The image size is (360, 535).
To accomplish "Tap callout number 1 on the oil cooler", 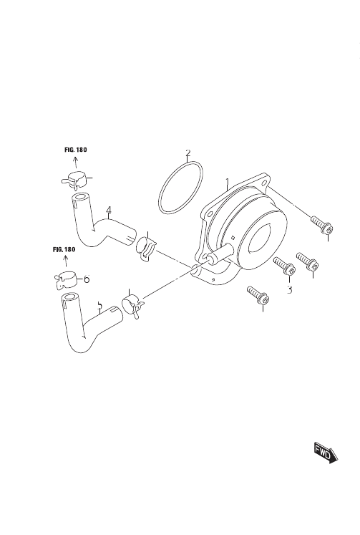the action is click(x=228, y=183).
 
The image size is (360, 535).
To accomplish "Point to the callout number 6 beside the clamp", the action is click(x=87, y=279).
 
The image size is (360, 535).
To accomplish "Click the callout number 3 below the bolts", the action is click(x=289, y=289).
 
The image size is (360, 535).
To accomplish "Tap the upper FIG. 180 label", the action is click(x=76, y=150).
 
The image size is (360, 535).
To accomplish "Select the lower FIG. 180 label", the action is click(x=64, y=249).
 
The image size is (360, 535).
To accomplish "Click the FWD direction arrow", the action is click(x=326, y=454).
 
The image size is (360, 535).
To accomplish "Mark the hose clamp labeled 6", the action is click(x=66, y=280).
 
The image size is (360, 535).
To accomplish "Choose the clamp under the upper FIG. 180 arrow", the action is click(x=76, y=180).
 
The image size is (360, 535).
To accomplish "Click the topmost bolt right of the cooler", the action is click(x=322, y=225).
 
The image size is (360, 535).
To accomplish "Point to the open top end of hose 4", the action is click(x=80, y=198).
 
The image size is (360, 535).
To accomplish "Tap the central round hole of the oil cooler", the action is click(x=260, y=238).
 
